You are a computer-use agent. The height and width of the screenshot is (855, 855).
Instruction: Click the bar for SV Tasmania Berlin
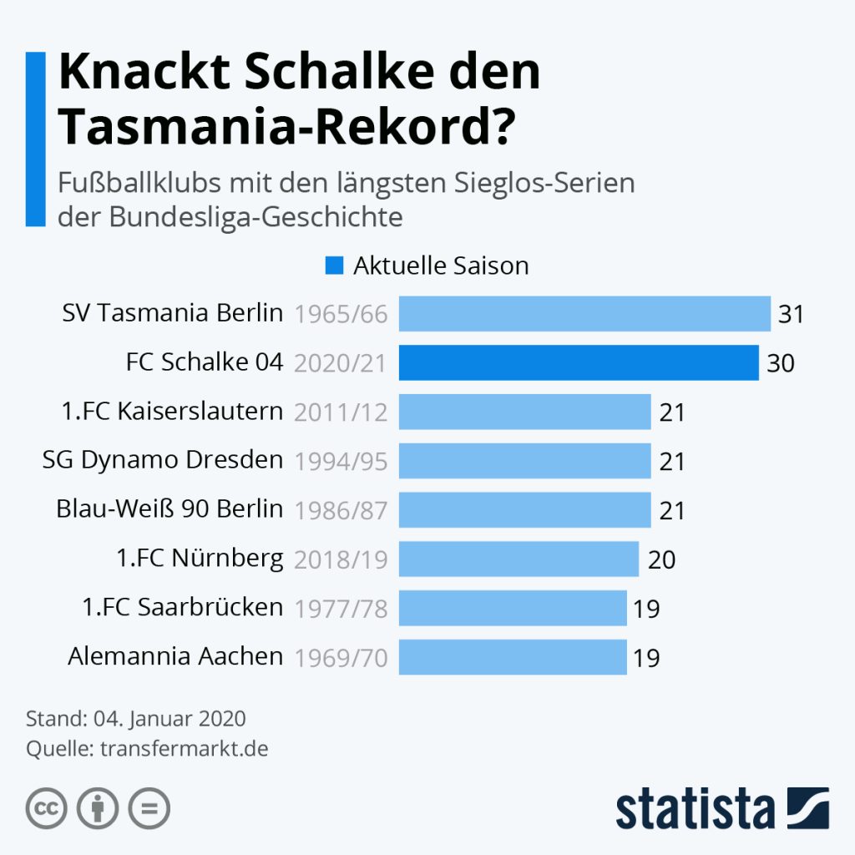[x=584, y=314]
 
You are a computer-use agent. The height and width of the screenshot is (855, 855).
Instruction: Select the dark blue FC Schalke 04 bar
[x=579, y=363]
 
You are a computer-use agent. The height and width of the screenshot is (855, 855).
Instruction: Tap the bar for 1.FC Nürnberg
[x=519, y=559]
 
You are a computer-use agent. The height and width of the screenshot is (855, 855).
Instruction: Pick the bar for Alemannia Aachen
[x=513, y=657]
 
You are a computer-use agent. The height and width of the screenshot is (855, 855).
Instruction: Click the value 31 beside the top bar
[x=791, y=315]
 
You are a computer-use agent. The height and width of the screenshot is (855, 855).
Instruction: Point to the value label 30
[x=780, y=364]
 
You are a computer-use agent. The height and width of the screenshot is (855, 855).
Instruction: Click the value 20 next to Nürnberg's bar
[x=661, y=559]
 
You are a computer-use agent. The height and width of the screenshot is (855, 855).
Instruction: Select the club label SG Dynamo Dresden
[x=163, y=460]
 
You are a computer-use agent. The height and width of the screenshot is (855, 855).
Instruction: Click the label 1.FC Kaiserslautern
[x=172, y=411]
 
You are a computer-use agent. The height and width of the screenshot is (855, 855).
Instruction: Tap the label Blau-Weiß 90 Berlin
[x=169, y=508]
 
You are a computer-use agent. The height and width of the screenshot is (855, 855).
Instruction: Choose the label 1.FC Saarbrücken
[x=183, y=607]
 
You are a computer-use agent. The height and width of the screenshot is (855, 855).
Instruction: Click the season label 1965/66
[x=341, y=315]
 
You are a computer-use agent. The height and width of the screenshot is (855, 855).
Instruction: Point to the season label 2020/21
[x=341, y=364]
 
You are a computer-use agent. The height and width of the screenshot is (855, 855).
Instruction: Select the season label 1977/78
[x=341, y=609]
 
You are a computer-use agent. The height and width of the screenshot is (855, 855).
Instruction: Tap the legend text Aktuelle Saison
[x=441, y=266]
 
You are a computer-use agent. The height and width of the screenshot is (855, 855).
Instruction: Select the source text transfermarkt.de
[x=184, y=748]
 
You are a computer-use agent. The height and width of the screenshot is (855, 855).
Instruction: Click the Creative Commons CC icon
[x=47, y=808]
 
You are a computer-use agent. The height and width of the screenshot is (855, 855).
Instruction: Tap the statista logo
[x=722, y=808]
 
